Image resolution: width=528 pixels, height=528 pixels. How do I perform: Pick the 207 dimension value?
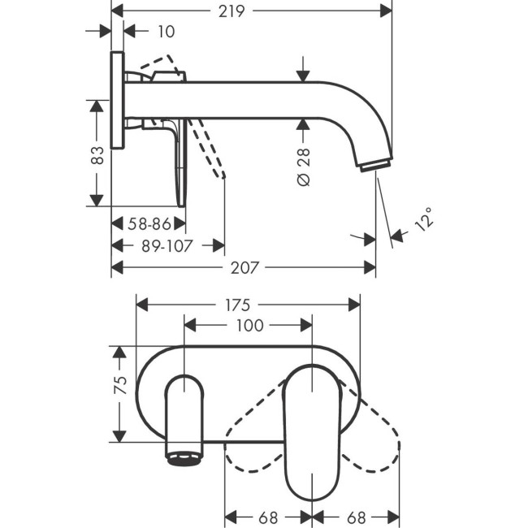[243, 266]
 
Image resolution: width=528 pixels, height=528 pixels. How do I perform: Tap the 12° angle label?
[423, 220]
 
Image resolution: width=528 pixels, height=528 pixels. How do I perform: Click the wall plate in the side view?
[118, 101]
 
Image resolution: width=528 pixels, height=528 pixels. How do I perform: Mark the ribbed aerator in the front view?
[184, 458]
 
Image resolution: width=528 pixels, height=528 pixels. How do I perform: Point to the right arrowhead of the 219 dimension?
[387, 10]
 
